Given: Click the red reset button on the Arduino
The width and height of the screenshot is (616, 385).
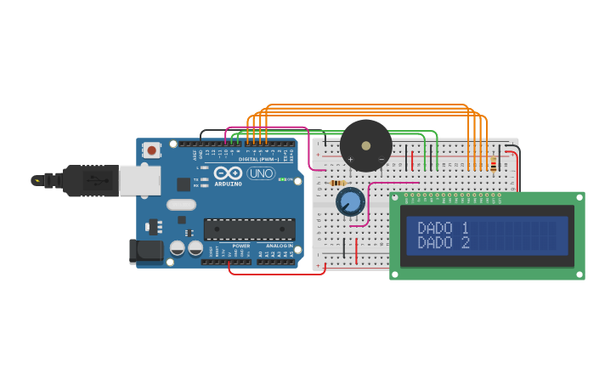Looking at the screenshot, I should tap(152, 150).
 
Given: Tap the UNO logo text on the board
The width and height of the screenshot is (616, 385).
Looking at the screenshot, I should tap(261, 173).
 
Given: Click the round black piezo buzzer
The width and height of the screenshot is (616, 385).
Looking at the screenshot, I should tap(366, 144).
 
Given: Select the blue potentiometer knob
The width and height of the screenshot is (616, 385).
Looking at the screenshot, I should tap(350, 201).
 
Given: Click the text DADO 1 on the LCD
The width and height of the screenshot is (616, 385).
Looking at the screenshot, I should tap(443, 228).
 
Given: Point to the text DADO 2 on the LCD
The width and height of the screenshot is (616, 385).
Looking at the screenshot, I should tap(443, 242).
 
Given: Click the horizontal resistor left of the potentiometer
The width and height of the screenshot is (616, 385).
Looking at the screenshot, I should tap(338, 183).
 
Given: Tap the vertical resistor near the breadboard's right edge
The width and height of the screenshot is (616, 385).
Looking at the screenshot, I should tap(493, 164).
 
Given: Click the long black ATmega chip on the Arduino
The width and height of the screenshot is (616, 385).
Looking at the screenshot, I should tap(250, 229).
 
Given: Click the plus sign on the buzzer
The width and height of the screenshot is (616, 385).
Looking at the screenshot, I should tap(350, 160).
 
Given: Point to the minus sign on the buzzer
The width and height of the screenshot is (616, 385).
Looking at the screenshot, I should tap(381, 160).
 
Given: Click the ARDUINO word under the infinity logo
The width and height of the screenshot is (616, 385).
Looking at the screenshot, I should tap(228, 184).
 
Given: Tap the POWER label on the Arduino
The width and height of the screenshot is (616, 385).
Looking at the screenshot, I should tap(241, 246).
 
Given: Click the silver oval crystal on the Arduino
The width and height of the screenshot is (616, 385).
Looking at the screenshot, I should tap(181, 204).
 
